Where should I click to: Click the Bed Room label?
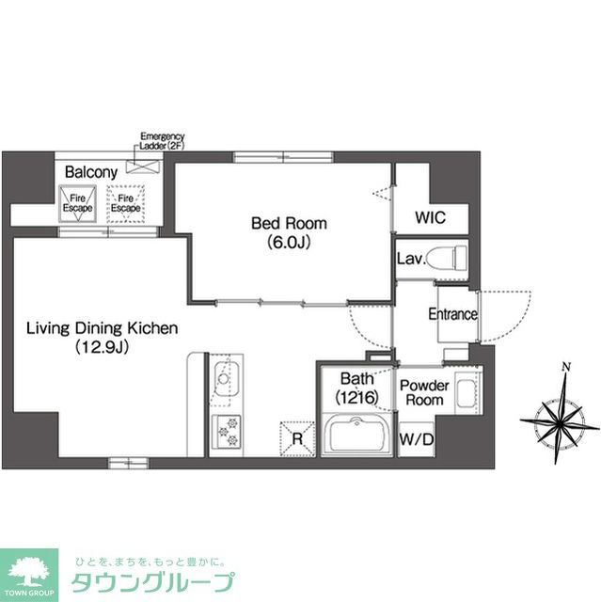tap(288, 223)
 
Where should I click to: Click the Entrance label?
tap(452, 314)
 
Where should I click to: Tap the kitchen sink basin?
tap(226, 383)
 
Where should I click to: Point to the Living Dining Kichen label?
tap(101, 328)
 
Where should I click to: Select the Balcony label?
tap(90, 172)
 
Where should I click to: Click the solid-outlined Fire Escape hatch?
tap(77, 202)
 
